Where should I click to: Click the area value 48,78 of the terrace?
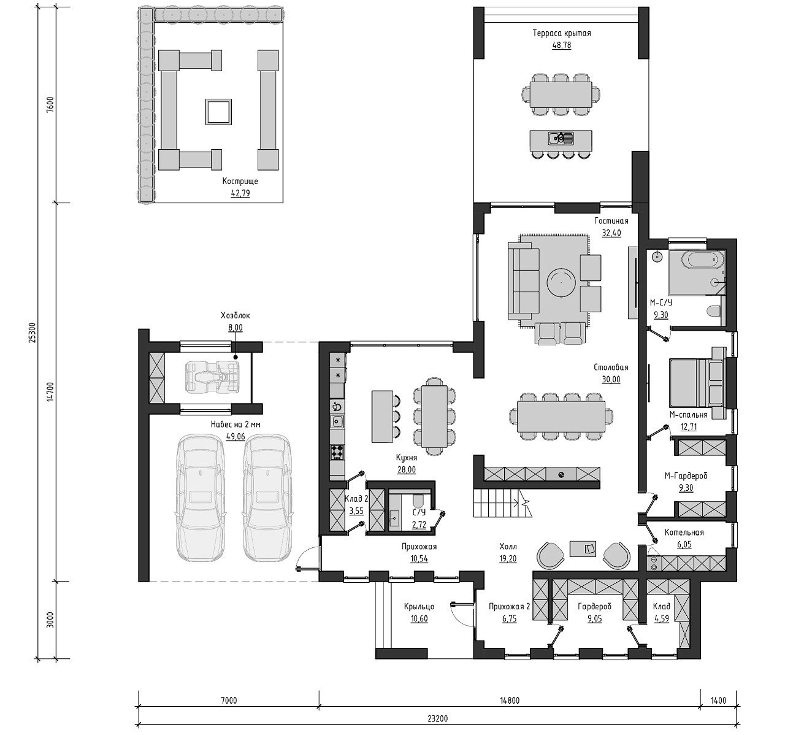(x=561, y=45)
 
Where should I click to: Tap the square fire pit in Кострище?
(x=218, y=112)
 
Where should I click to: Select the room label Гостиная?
(x=611, y=221)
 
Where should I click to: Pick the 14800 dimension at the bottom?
(x=510, y=701)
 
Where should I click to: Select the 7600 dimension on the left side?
(x=50, y=105)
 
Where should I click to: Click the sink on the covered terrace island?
(x=561, y=138)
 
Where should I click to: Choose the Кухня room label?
(x=407, y=458)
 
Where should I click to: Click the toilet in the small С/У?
(x=418, y=502)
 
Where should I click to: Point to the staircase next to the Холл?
(x=502, y=503)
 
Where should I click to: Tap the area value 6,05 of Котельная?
(x=684, y=545)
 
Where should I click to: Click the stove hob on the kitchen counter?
(x=337, y=452)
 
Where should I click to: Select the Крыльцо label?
(x=419, y=606)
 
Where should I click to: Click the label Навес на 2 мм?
(x=235, y=425)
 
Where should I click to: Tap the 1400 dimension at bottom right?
(x=718, y=701)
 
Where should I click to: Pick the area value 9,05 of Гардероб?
(x=594, y=619)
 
